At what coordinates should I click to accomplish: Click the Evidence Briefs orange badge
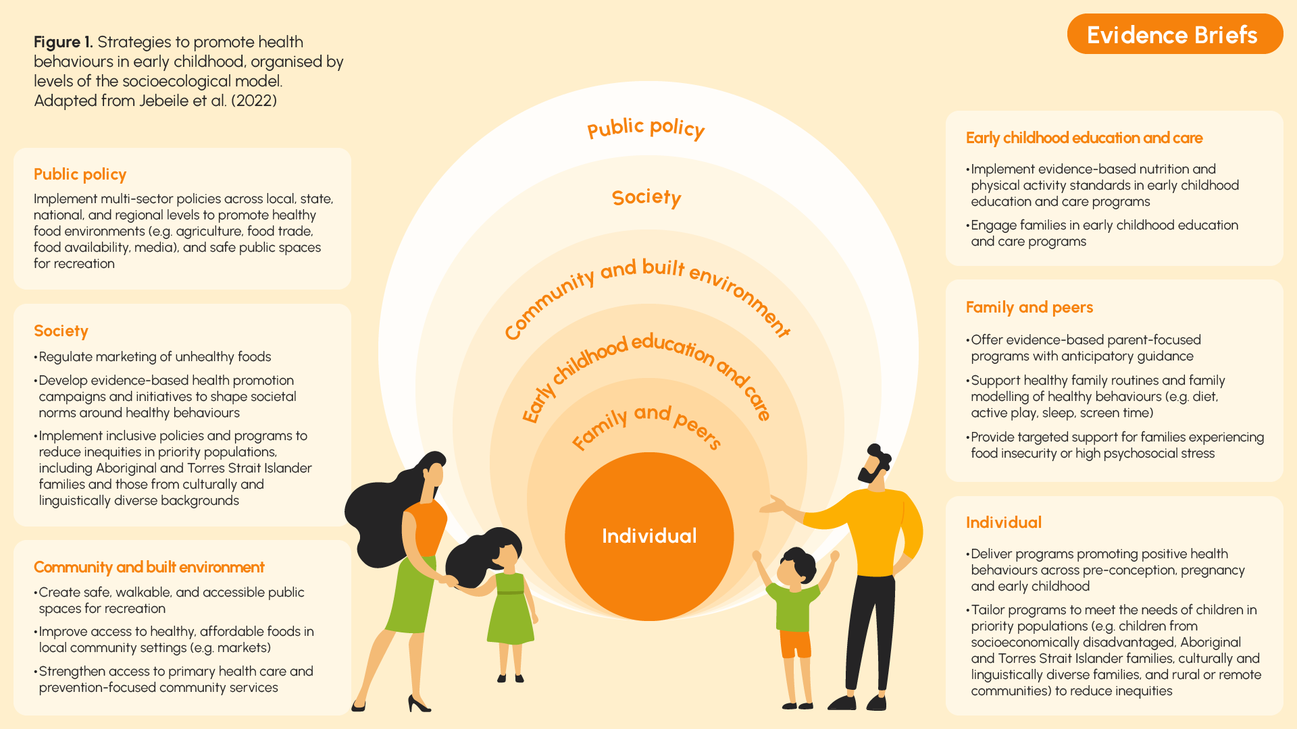click(1175, 34)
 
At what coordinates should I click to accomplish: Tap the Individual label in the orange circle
click(649, 536)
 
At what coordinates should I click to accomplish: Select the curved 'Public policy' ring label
click(646, 128)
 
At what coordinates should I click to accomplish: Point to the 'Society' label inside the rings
click(646, 197)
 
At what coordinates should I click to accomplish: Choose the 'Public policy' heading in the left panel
click(80, 174)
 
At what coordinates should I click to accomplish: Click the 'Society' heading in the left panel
click(61, 331)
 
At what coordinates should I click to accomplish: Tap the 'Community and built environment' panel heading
click(149, 567)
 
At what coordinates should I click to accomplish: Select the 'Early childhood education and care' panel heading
click(1084, 138)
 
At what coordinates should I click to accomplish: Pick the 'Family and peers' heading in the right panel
click(1029, 307)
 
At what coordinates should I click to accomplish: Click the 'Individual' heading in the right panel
click(1004, 522)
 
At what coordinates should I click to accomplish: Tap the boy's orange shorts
click(795, 644)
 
